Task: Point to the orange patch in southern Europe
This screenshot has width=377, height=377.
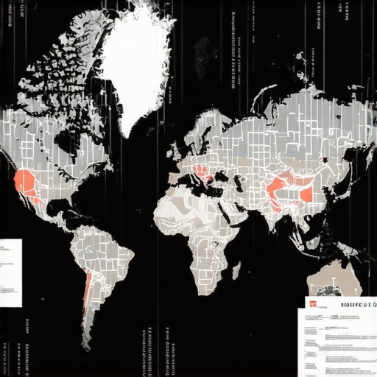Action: click(x=201, y=172)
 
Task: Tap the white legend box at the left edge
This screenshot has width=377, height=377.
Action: click(x=10, y=272)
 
